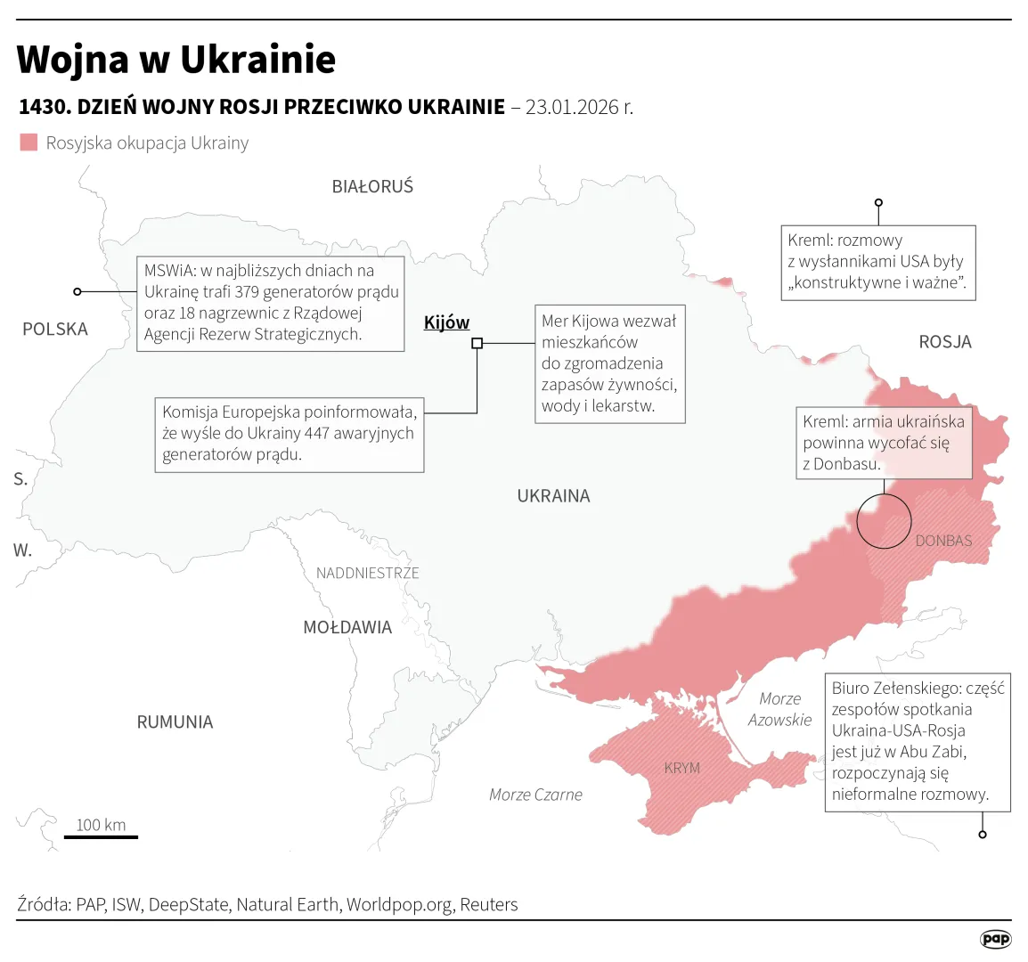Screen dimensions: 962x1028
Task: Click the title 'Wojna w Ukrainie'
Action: (x=176, y=60)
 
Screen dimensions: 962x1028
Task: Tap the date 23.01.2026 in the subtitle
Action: (x=579, y=107)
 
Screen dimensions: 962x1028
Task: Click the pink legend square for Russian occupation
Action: (x=29, y=143)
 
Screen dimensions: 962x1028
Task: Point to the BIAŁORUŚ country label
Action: (x=372, y=187)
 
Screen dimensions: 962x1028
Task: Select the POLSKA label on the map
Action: (x=55, y=330)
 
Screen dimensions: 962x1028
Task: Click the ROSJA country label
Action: (x=944, y=342)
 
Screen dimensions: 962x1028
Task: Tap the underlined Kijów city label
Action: (x=446, y=322)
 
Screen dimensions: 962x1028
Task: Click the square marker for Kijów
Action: (x=477, y=343)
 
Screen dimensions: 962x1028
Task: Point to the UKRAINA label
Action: (x=553, y=496)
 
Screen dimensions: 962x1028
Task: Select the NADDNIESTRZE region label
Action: (x=367, y=573)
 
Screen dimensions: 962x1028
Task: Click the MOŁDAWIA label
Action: (x=347, y=628)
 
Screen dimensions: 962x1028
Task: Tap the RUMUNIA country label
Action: (x=175, y=722)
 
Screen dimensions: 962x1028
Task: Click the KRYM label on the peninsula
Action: (x=681, y=768)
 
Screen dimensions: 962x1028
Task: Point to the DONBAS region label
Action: (x=943, y=541)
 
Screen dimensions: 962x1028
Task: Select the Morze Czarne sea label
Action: (x=535, y=795)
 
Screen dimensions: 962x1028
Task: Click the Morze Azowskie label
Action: (x=779, y=710)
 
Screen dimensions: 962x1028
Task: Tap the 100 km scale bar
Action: (x=101, y=836)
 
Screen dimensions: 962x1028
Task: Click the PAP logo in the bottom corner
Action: (x=995, y=939)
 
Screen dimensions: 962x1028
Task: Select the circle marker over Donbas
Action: (x=884, y=520)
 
